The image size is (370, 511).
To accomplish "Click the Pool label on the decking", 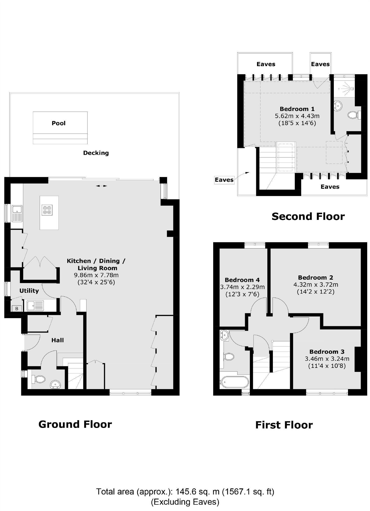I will pos(58,123).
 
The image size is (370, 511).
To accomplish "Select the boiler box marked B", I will pos(17,308).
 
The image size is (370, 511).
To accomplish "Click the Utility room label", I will pos(29,291).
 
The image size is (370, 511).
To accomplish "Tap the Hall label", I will pos(57,340).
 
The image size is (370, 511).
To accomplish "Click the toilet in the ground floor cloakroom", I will pos(39,379).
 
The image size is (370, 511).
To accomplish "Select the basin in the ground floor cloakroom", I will pos(55,384).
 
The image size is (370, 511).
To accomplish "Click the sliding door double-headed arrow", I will pos(101,186).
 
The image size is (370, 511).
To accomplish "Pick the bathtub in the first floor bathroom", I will pos(234,382).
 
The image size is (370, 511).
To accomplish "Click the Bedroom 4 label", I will pos(242,280).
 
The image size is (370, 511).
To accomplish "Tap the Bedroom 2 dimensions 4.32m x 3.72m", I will pos(315,285).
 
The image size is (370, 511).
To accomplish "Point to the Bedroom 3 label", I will pos(327,351).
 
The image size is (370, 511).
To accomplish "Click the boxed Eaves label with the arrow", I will pos(224,180).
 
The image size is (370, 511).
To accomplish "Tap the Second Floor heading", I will pos(308,216).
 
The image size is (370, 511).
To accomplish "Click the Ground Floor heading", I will pos(75,424).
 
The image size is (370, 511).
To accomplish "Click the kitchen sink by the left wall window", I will pos(17,213).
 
